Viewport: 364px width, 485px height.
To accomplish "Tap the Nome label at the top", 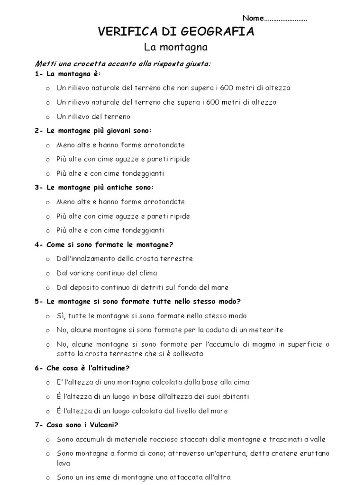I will pyautogui.click(x=252, y=18).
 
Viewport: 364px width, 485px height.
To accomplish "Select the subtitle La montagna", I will pyautogui.click(x=176, y=47).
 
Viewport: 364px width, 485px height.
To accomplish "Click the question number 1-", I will pyautogui.click(x=39, y=74).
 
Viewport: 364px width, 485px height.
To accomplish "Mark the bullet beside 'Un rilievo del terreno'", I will pyautogui.click(x=47, y=117).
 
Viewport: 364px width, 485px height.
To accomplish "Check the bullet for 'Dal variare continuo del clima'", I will pyautogui.click(x=47, y=273).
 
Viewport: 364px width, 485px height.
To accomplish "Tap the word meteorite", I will pyautogui.click(x=267, y=330).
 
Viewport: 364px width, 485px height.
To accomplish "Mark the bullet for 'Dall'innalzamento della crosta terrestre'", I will pyautogui.click(x=47, y=259).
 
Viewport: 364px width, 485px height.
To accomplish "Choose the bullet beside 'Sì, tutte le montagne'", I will pyautogui.click(x=47, y=316).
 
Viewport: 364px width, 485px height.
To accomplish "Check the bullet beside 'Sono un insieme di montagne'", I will pyautogui.click(x=47, y=477).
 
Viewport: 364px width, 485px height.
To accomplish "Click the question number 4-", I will pyautogui.click(x=39, y=244).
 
